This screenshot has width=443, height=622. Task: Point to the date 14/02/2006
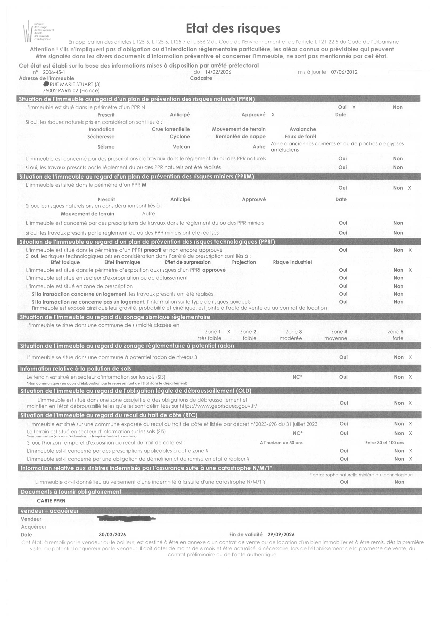[218, 72]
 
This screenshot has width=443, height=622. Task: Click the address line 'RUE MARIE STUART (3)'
[75, 84]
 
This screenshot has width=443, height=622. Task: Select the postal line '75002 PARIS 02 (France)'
[71, 91]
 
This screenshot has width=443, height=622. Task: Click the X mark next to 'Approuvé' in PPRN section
[273, 115]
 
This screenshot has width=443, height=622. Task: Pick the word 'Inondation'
[101, 129]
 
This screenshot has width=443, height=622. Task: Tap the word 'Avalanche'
[302, 129]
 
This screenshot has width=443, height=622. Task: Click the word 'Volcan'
[181, 147]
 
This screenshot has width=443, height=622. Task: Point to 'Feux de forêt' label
[300, 136]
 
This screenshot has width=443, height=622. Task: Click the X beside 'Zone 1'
[229, 332]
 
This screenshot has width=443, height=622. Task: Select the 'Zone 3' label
[294, 332]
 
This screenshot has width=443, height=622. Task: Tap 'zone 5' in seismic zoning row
[395, 332]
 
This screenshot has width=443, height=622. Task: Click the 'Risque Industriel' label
[292, 262]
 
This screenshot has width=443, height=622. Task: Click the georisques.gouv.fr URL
[218, 406]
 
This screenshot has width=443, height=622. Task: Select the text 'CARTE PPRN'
[51, 501]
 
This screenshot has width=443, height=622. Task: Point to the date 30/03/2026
[112, 534]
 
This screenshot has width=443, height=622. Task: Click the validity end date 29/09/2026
[281, 534]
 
